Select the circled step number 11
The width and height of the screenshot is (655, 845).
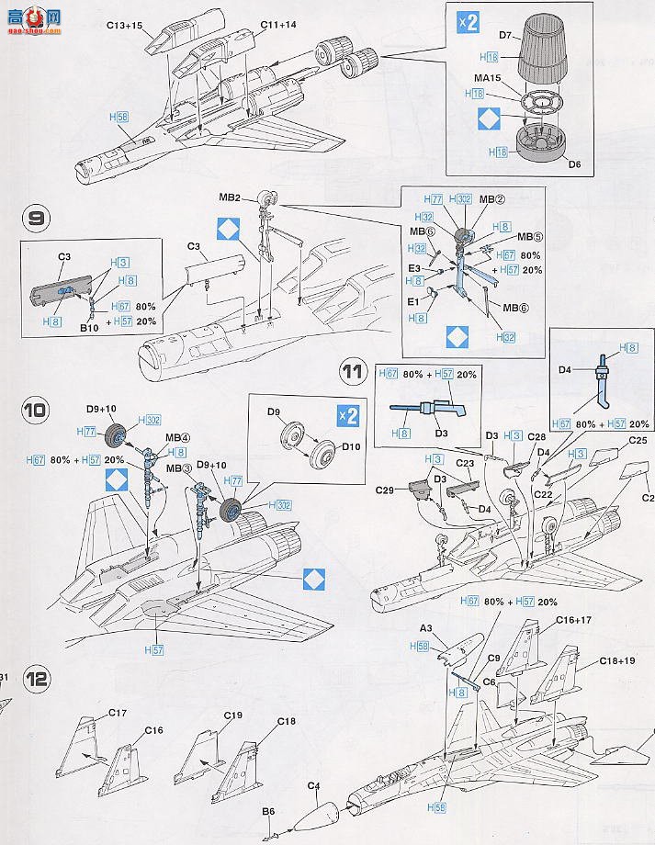tap(352, 372)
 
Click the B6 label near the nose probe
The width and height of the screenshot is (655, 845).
tap(268, 811)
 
